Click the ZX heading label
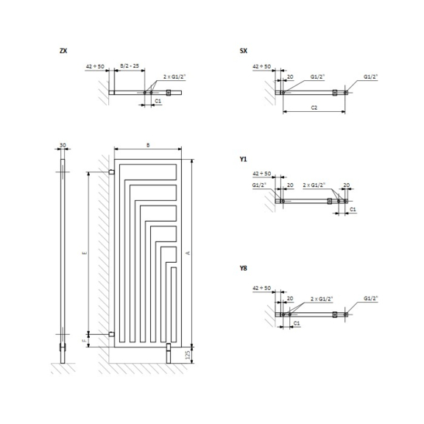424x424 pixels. point(64,51)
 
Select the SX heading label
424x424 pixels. point(244,51)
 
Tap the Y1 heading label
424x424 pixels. point(244,159)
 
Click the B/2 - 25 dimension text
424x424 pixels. point(129,66)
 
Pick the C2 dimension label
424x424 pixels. point(314,107)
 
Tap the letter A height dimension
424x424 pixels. point(188,252)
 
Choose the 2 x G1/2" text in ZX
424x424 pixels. point(174,76)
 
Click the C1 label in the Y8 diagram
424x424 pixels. point(296,322)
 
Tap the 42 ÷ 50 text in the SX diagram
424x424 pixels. point(262,66)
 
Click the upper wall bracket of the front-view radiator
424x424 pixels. point(111,172)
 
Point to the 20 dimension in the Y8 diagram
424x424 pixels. point(290,298)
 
